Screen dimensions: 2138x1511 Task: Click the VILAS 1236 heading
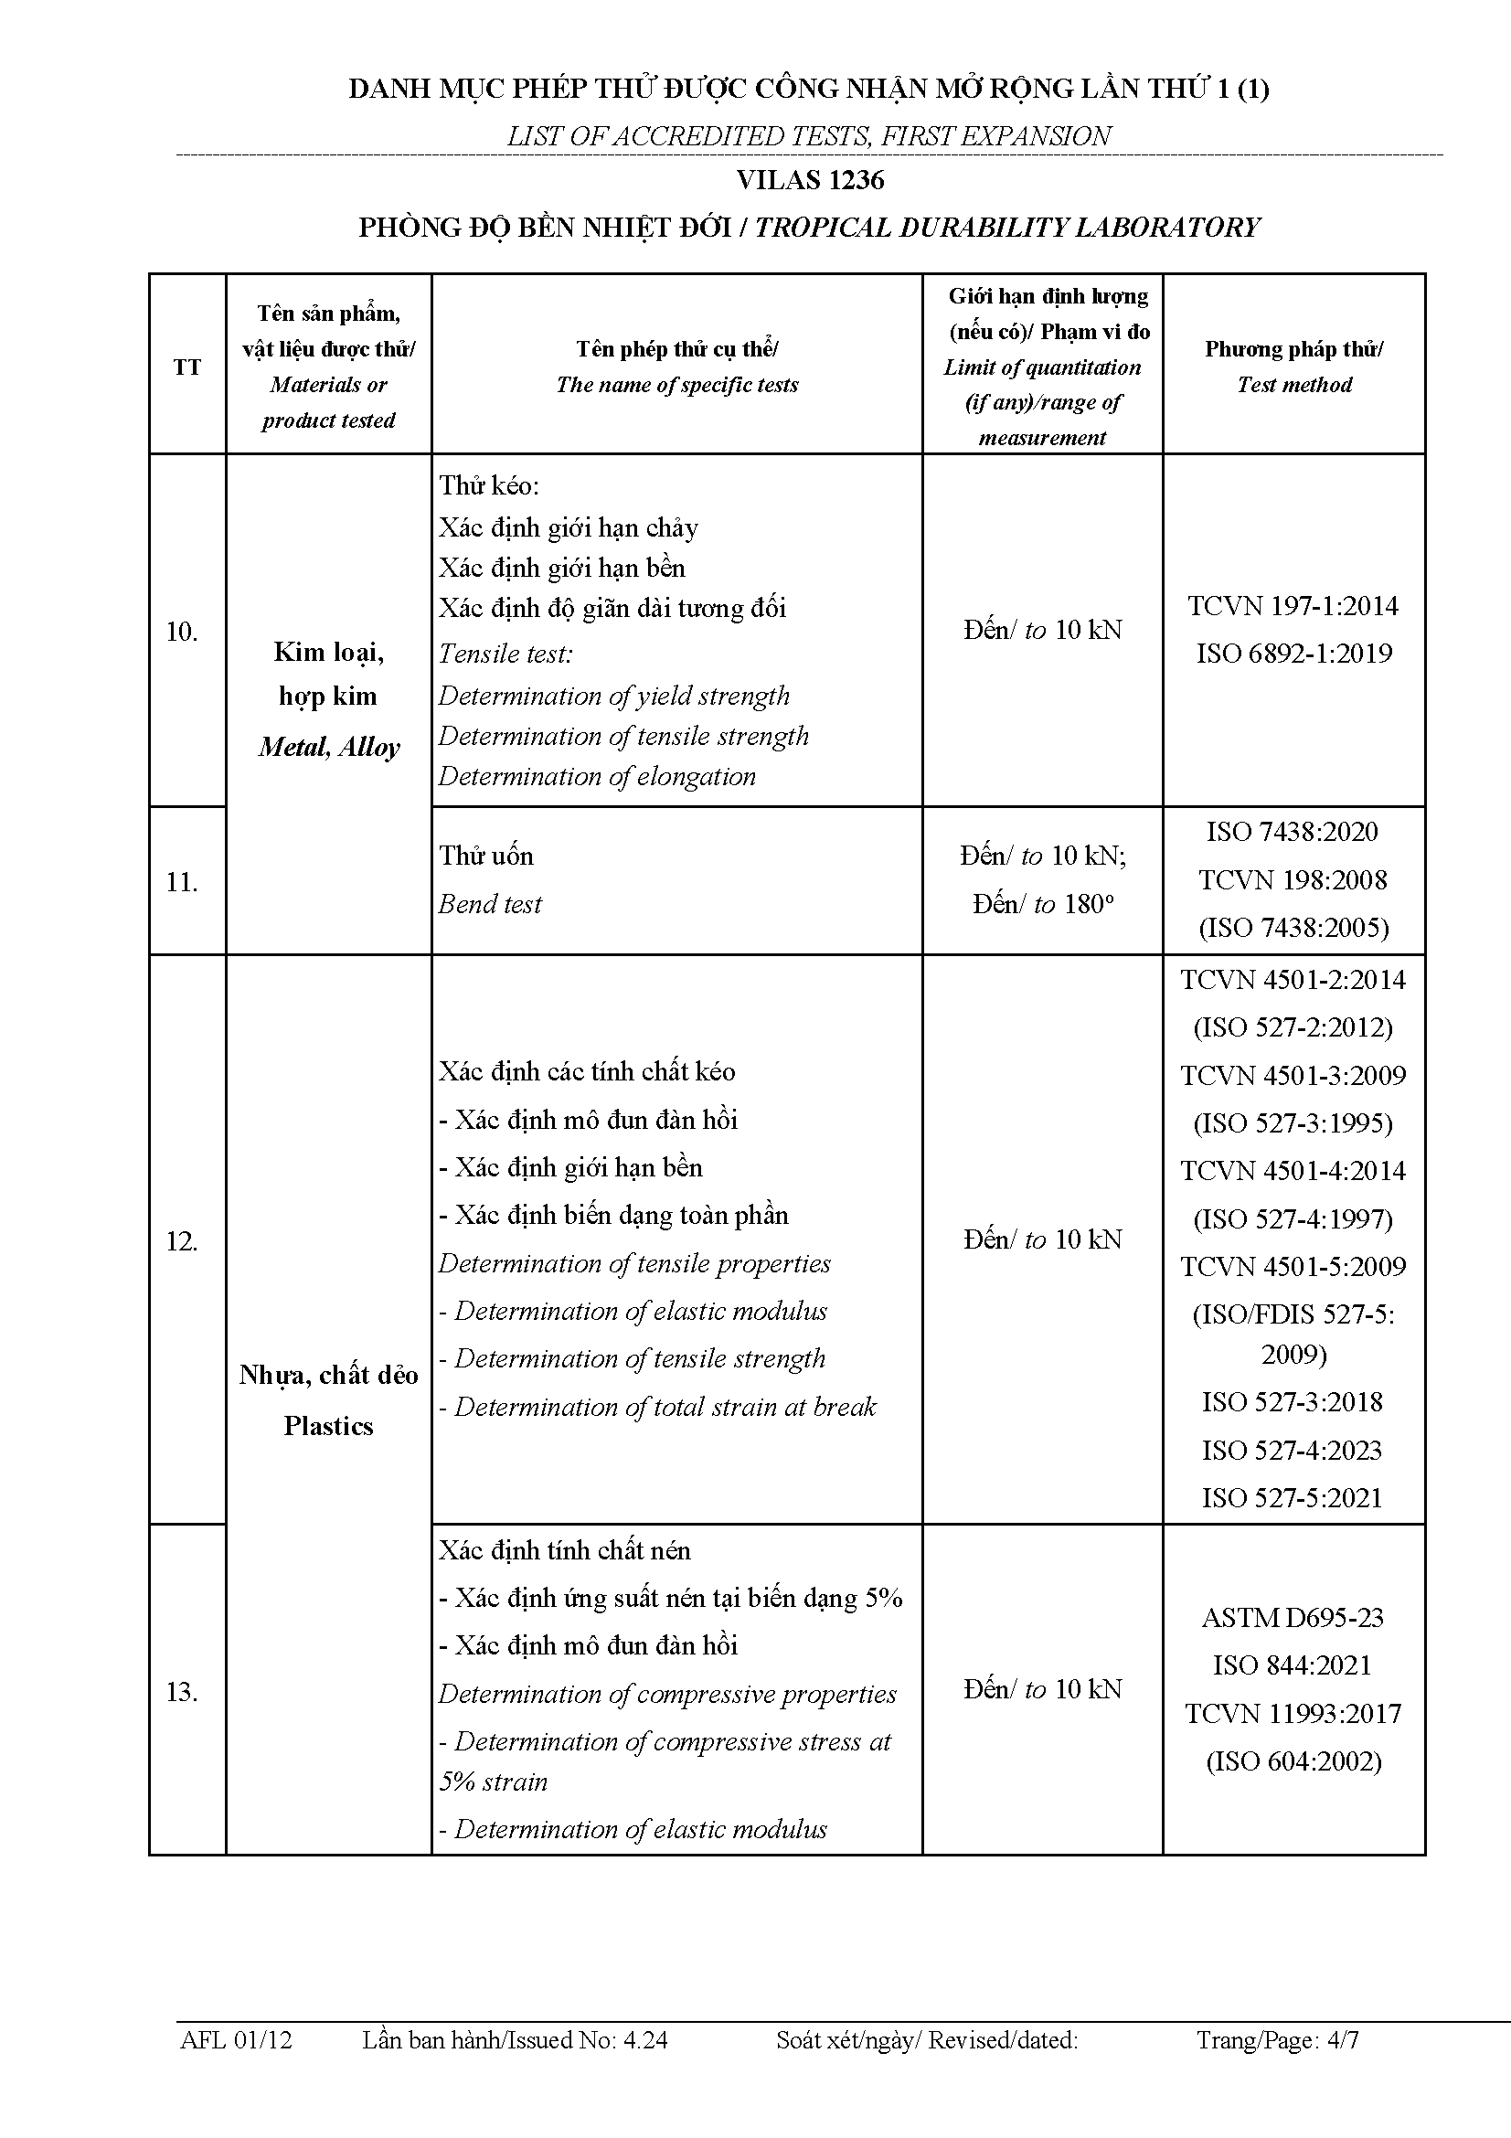[x=809, y=180]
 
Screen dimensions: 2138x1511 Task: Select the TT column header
[x=187, y=367]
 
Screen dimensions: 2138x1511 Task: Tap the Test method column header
[x=1293, y=366]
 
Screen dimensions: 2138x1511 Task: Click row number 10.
[x=182, y=632]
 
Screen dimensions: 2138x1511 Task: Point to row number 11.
[x=182, y=881]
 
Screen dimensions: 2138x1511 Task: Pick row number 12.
[x=182, y=1240]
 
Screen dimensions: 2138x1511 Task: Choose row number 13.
[x=182, y=1691]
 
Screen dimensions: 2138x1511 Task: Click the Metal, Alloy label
[x=329, y=747]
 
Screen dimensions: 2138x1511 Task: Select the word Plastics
[x=329, y=1426]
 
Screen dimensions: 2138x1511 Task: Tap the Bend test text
[x=491, y=904]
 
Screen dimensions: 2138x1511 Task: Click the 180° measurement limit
[x=1043, y=904]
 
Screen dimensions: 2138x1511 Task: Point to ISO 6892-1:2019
[x=1293, y=654]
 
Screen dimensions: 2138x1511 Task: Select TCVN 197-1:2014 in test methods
[x=1293, y=606]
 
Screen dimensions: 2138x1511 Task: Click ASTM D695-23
[x=1293, y=1618]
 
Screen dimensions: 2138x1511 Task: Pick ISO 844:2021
[x=1293, y=1665]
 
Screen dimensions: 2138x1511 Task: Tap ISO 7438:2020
[x=1293, y=832]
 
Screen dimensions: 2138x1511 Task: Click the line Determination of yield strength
[x=614, y=696]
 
